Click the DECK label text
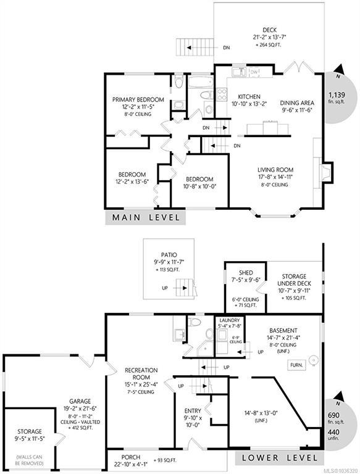point(270,30)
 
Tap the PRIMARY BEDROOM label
point(138,99)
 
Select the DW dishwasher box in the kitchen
point(254,72)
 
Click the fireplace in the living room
point(327,173)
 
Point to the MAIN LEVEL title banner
point(146,217)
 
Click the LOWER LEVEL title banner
point(280,458)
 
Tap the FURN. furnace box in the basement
point(296,365)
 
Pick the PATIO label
point(169,255)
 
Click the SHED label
point(246,273)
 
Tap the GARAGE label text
point(80,401)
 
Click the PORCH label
point(131,457)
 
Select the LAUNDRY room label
point(229,320)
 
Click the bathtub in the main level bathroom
point(201,82)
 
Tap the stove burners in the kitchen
point(222,94)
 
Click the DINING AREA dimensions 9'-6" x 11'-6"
point(296,110)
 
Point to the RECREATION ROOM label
point(141,373)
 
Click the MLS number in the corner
point(341,471)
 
